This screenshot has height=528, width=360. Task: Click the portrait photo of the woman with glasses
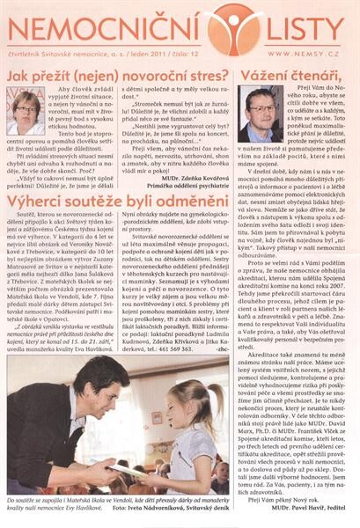pos(26,112)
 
